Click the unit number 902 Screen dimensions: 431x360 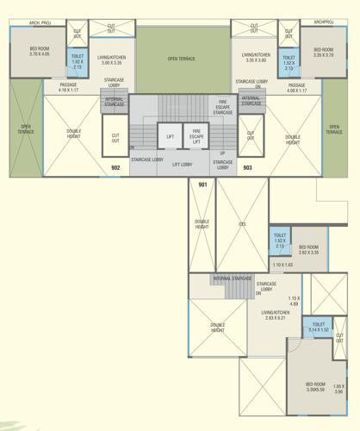click(115, 166)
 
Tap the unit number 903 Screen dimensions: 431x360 click(246, 166)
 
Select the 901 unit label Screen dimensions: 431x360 click(202, 185)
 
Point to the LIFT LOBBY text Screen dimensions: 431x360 click(182, 164)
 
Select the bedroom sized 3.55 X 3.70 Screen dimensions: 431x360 click(323, 52)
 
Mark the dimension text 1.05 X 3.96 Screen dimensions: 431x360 click(338, 389)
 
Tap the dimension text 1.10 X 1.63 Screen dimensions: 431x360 click(282, 265)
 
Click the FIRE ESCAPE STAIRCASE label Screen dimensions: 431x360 click(222, 108)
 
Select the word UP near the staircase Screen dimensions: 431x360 click(222, 153)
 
